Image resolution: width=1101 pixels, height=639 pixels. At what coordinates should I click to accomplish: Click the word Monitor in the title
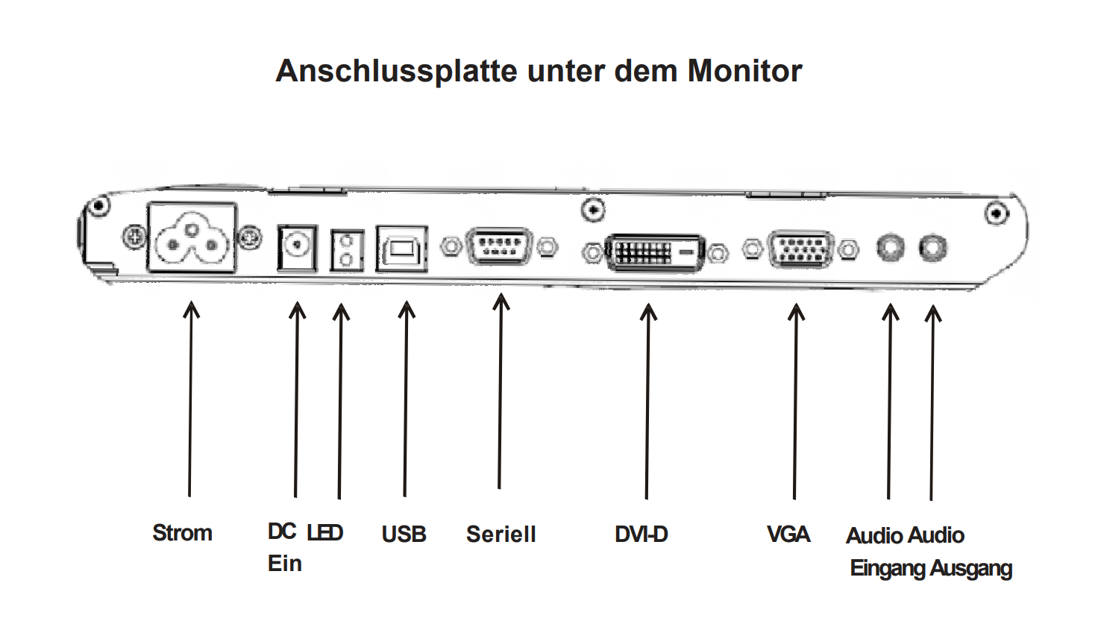click(744, 71)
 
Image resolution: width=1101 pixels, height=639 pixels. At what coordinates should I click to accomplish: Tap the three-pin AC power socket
click(192, 237)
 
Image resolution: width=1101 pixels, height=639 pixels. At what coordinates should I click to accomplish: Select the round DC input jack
click(297, 247)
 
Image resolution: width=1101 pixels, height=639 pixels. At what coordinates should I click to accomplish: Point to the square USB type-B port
click(402, 249)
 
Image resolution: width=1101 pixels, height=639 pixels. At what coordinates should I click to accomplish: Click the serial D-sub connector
click(498, 246)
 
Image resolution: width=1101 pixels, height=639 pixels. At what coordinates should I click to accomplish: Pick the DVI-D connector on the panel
click(654, 253)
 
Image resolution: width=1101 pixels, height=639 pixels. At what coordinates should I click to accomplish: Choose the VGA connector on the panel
click(800, 249)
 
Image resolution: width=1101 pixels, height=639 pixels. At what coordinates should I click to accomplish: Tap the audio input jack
click(889, 247)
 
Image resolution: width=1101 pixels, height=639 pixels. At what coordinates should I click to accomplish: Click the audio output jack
click(932, 247)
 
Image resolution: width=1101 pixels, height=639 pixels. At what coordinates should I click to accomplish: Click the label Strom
click(182, 533)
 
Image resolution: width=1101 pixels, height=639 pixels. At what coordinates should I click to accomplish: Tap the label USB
click(404, 534)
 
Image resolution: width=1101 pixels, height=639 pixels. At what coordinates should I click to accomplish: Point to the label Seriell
click(501, 534)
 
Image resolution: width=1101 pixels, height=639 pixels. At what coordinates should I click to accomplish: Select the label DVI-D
click(641, 534)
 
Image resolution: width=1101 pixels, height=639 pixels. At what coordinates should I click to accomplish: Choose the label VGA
click(788, 534)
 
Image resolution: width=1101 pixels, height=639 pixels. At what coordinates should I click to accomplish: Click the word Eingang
click(888, 569)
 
